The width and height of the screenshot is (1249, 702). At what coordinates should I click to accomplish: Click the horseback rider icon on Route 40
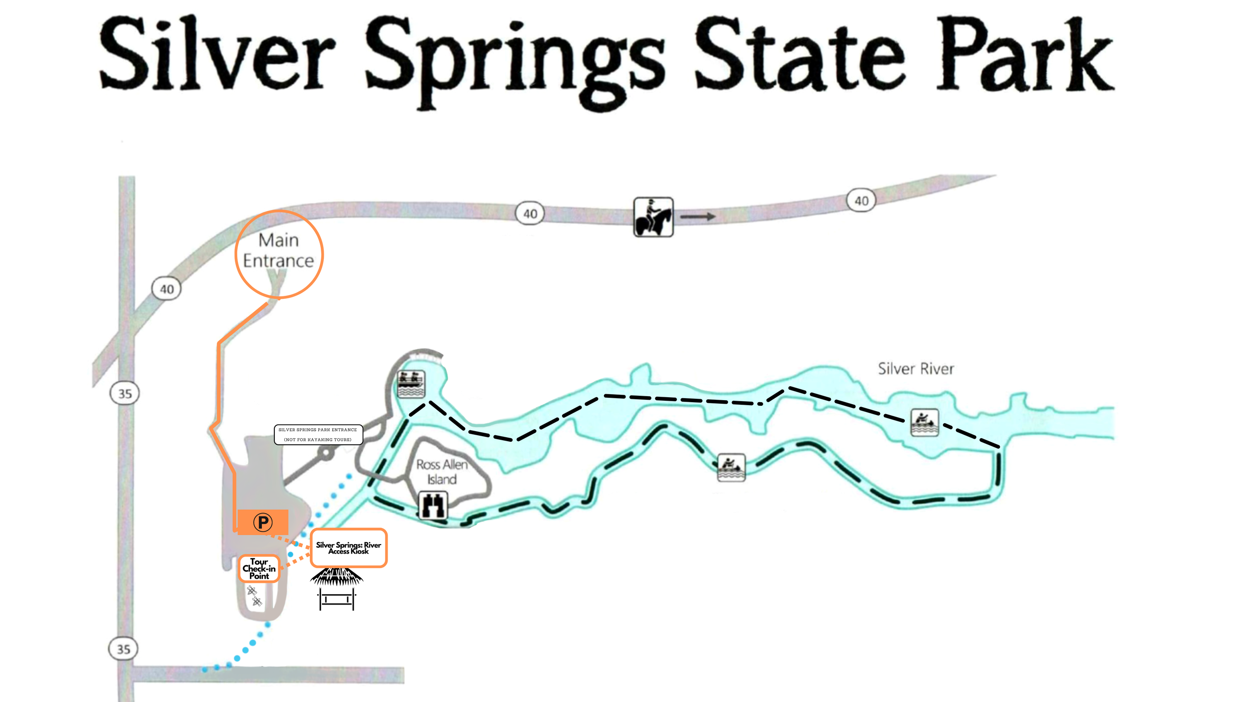click(653, 217)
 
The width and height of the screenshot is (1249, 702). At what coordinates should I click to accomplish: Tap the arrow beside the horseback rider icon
click(697, 216)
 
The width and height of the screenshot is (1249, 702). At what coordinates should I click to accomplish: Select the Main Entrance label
click(278, 250)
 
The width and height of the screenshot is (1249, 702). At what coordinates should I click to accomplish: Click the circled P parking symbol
click(263, 522)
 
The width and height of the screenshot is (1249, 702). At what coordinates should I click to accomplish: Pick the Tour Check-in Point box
click(259, 569)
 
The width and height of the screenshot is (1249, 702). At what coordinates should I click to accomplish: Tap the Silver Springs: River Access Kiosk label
click(348, 548)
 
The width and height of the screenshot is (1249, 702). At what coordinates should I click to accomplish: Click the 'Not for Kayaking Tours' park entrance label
click(318, 434)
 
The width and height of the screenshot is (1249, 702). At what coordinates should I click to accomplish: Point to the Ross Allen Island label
click(442, 472)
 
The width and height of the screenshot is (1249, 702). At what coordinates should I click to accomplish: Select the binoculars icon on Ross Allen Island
click(433, 506)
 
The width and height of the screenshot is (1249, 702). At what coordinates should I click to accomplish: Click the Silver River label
click(915, 369)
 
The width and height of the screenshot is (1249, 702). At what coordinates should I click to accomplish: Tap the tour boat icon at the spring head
click(411, 384)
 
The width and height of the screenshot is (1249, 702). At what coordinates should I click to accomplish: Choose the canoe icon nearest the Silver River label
click(924, 422)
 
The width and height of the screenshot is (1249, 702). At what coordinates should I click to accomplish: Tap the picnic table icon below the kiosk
click(337, 599)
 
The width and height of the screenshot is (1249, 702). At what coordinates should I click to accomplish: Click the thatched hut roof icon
click(337, 577)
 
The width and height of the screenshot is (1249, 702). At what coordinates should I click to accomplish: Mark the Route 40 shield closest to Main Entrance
click(166, 289)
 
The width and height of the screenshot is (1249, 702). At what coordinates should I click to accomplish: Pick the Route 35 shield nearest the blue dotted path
click(123, 649)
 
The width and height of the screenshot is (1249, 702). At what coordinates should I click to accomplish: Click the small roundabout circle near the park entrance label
click(326, 453)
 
